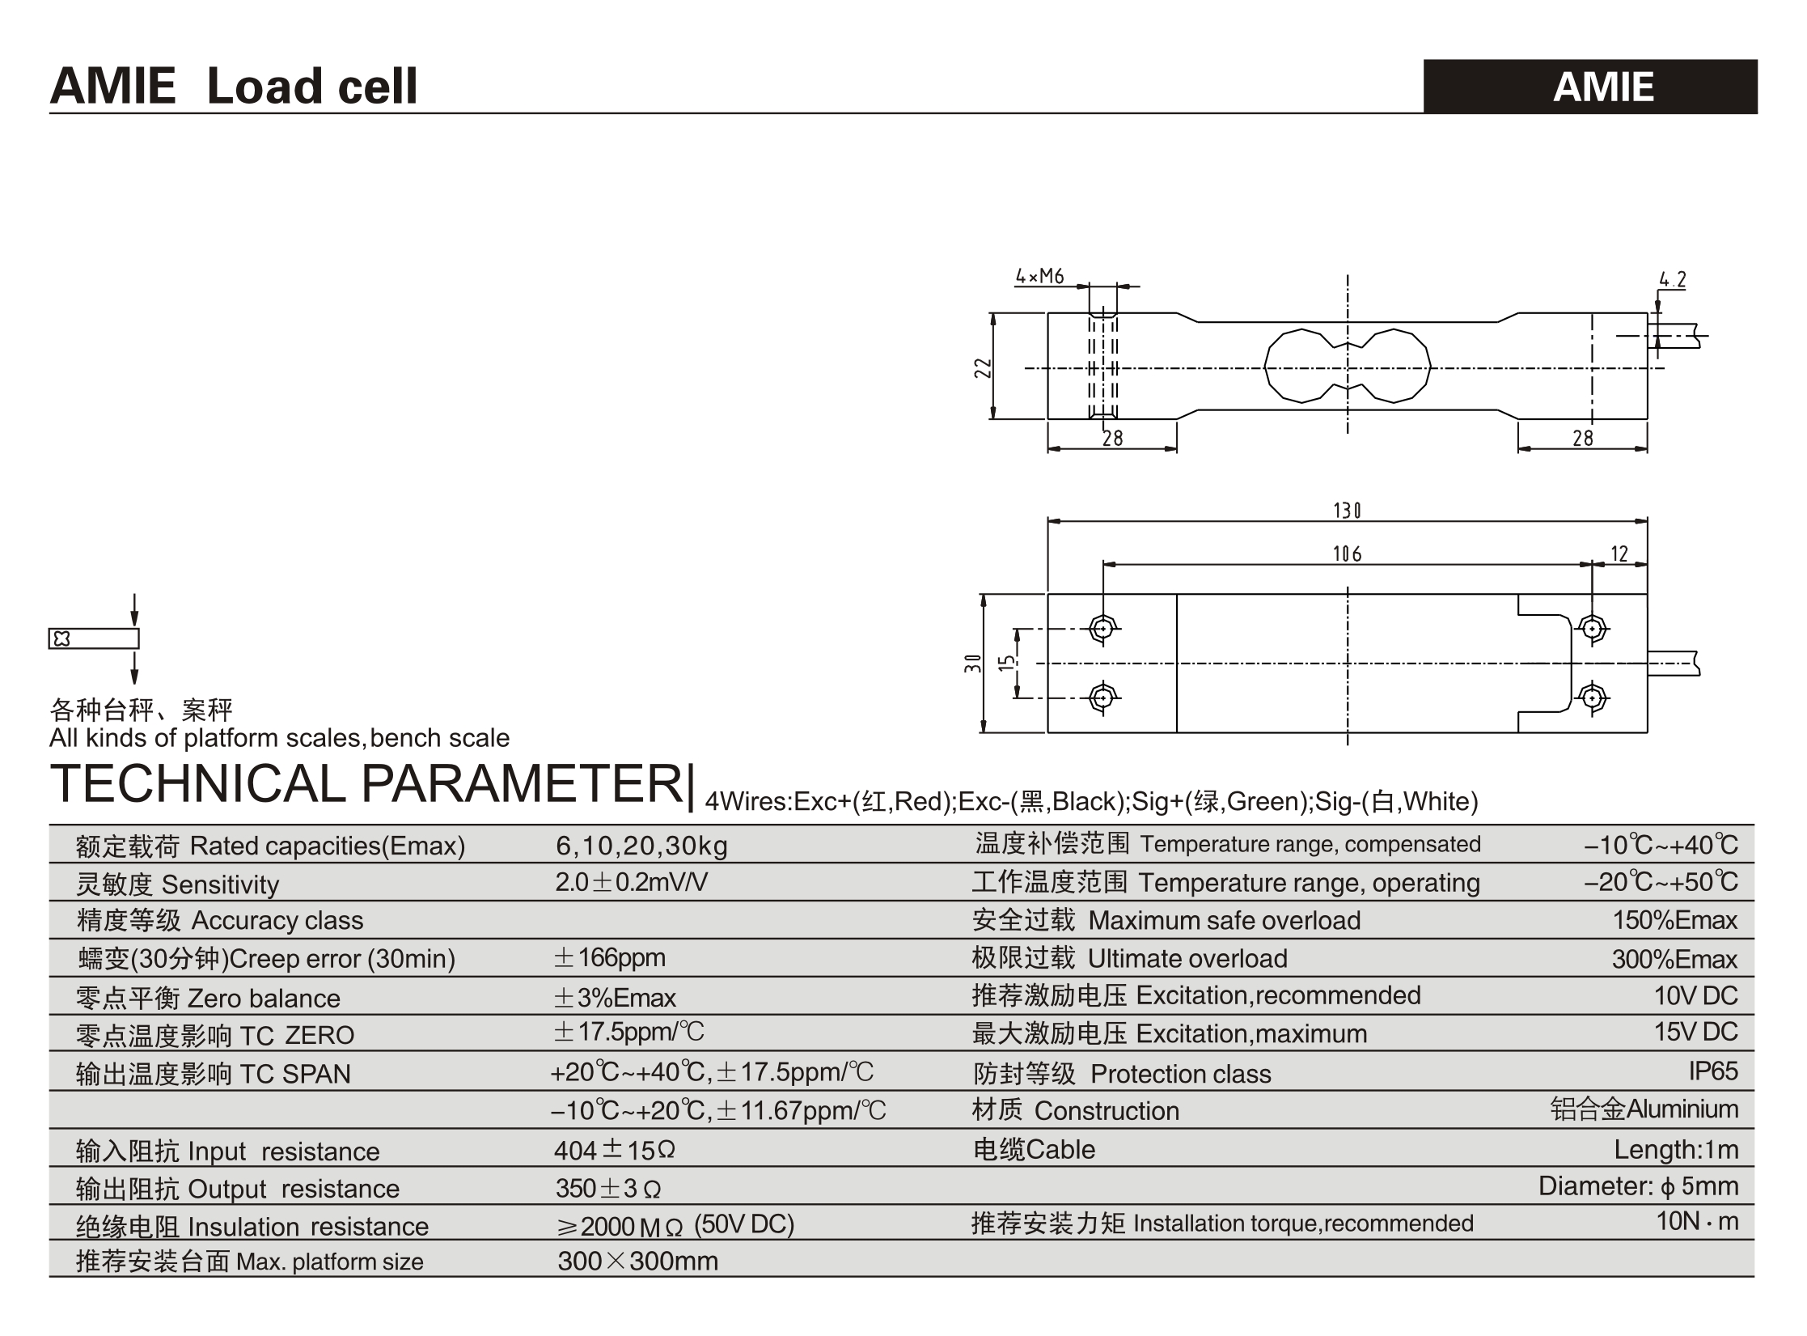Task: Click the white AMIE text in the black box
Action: (x=1603, y=87)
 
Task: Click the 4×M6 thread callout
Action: (x=1039, y=276)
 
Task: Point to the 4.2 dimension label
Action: (x=1673, y=280)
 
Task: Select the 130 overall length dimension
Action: (x=1347, y=511)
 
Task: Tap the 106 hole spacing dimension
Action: (x=1347, y=553)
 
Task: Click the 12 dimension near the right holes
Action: (x=1619, y=553)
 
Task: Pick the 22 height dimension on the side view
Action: (x=983, y=368)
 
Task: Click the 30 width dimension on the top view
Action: (x=973, y=664)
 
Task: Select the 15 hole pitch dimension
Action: (x=1005, y=663)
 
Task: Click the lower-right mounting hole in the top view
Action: (x=1593, y=698)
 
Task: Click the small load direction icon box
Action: (x=93, y=638)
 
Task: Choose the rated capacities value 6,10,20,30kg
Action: (x=641, y=846)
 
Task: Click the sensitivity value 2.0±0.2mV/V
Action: (x=631, y=882)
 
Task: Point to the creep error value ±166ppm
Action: (x=609, y=958)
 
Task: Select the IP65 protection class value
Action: (x=1712, y=1071)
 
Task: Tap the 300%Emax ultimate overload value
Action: (x=1674, y=959)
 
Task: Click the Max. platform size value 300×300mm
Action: (x=637, y=1261)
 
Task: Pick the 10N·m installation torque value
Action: (x=1696, y=1221)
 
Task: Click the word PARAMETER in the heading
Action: (x=523, y=783)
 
